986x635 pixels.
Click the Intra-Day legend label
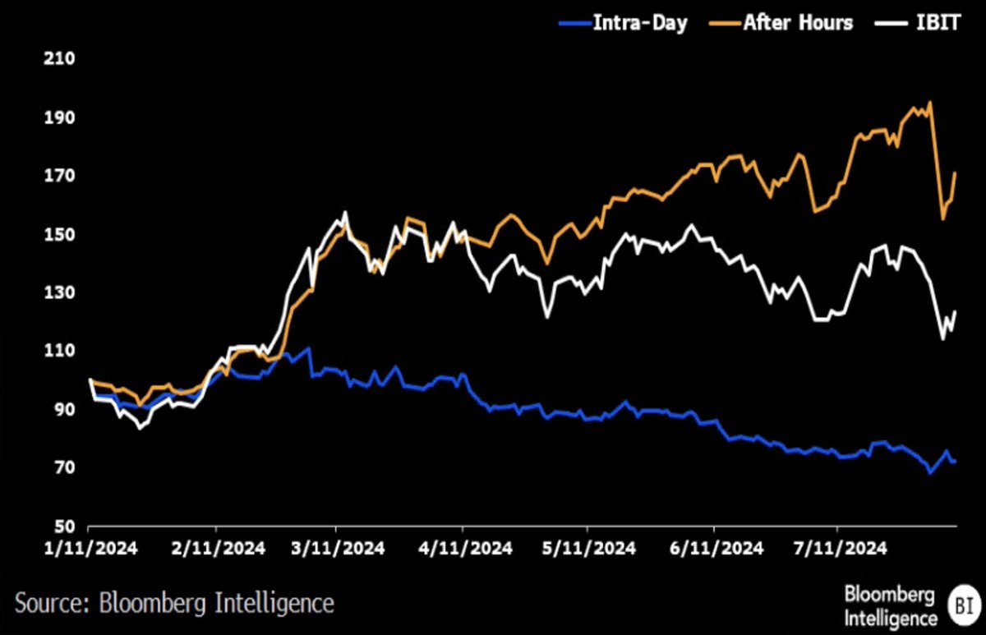640,22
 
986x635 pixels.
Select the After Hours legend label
798,22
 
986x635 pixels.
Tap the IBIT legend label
938,22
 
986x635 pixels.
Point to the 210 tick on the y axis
59,58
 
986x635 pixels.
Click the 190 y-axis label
59,117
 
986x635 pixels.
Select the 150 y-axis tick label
59,235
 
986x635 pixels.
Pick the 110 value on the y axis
59,351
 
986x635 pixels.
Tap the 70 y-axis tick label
64,467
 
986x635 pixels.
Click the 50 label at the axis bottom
64,526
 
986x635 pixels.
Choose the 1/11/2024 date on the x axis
90,548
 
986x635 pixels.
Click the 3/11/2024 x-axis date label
338,548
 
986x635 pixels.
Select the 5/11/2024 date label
589,548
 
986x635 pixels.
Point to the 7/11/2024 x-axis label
841,548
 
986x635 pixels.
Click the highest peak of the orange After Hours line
929,103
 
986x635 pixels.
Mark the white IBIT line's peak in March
345,213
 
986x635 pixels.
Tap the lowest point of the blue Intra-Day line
929,473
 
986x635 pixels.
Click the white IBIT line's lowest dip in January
140,428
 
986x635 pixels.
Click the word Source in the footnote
53,602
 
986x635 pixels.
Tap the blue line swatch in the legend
575,23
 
